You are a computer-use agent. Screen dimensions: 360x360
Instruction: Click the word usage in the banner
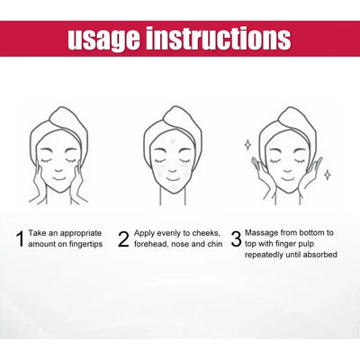pyautogui.click(x=104, y=39)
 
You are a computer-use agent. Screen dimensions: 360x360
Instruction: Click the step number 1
pyautogui.click(x=20, y=238)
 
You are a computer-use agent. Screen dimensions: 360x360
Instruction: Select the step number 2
pyautogui.click(x=123, y=238)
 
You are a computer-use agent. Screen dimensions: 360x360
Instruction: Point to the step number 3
pyautogui.click(x=237, y=238)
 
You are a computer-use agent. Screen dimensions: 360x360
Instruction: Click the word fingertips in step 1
pyautogui.click(x=85, y=245)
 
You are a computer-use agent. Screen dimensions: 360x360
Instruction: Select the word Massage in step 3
pyautogui.click(x=262, y=233)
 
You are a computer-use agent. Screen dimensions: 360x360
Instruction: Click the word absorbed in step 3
pyautogui.click(x=320, y=255)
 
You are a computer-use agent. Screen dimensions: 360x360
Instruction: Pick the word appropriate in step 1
pyautogui.click(x=81, y=234)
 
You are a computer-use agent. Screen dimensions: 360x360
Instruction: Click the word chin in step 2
pyautogui.click(x=215, y=244)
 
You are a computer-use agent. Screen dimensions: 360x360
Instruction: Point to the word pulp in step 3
pyautogui.click(x=306, y=244)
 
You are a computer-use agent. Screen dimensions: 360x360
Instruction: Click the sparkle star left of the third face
pyautogui.click(x=248, y=145)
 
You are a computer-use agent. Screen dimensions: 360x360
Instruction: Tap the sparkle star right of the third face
pyautogui.click(x=328, y=175)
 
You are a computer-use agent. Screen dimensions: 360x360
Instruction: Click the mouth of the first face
pyautogui.click(x=59, y=179)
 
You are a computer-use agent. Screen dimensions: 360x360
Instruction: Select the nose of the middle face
pyautogui.click(x=173, y=170)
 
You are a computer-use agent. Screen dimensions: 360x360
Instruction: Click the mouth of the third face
pyautogui.click(x=288, y=179)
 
